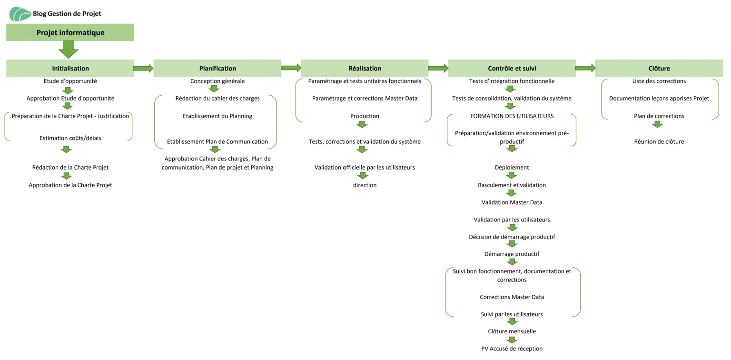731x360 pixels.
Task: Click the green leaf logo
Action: (x=20, y=14)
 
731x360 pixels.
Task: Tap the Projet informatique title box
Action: (x=70, y=32)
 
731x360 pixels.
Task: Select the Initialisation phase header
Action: (x=70, y=68)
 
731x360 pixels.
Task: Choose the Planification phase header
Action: (x=217, y=68)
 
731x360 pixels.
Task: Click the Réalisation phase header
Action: (x=365, y=68)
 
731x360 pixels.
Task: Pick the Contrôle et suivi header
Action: (x=512, y=68)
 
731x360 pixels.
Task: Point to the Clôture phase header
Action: (x=659, y=68)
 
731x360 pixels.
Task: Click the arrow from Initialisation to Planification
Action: (x=143, y=68)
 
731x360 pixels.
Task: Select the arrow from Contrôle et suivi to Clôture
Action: (x=585, y=68)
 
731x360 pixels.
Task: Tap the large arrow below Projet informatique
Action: (x=69, y=50)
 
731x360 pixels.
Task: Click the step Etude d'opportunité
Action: (x=70, y=81)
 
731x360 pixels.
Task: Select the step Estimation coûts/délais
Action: (x=70, y=138)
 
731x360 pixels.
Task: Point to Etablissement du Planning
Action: (x=217, y=116)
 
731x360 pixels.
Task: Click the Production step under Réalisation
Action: (x=365, y=116)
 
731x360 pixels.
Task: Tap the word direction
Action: (x=365, y=185)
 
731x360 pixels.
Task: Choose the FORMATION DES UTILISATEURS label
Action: (x=512, y=116)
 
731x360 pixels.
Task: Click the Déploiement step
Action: (x=512, y=167)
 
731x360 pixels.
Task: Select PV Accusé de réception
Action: (x=512, y=349)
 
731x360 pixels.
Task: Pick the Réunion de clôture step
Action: (x=659, y=141)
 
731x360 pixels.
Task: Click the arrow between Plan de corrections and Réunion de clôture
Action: (x=657, y=124)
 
